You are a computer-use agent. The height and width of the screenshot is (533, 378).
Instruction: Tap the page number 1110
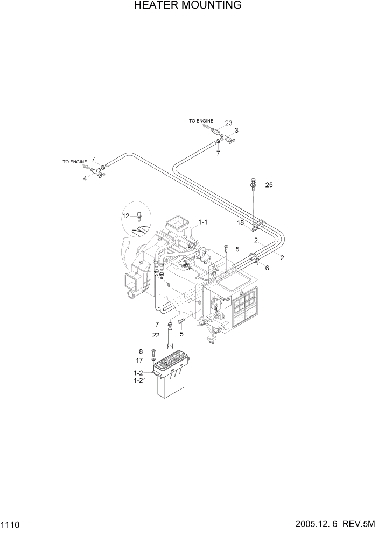click(12, 524)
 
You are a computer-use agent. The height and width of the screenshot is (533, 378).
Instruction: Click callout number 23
click(228, 123)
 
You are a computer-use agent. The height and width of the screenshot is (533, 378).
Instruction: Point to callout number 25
click(269, 185)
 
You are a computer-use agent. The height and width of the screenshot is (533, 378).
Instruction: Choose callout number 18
click(241, 222)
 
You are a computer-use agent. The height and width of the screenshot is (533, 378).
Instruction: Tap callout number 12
click(125, 215)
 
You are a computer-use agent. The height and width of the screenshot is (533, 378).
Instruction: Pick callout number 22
click(156, 335)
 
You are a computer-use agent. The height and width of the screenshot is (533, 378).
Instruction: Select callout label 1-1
click(203, 221)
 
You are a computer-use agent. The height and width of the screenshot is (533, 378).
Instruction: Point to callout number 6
click(267, 268)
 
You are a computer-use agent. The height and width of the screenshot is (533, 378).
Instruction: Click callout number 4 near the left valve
click(85, 178)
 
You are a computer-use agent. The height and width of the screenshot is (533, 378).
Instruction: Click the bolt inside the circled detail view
click(139, 217)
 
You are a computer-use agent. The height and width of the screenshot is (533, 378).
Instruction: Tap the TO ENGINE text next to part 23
click(201, 121)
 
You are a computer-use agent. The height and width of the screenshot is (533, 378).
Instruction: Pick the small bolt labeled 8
click(153, 352)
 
